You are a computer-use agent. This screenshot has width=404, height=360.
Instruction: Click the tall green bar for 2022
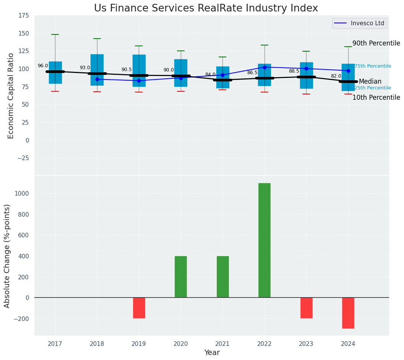pyautogui.click(x=264, y=240)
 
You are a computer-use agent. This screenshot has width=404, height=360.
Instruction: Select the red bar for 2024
pyautogui.click(x=348, y=313)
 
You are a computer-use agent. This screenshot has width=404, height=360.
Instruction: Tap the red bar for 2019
pyautogui.click(x=139, y=308)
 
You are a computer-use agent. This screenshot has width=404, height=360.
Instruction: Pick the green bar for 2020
pyautogui.click(x=181, y=277)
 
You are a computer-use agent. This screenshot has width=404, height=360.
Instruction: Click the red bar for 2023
pyautogui.click(x=306, y=308)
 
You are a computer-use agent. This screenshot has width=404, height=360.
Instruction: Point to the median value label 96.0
pyautogui.click(x=43, y=66)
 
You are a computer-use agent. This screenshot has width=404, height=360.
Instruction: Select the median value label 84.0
pyautogui.click(x=210, y=75)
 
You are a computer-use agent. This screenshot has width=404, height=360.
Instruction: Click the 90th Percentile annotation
pyautogui.click(x=376, y=43)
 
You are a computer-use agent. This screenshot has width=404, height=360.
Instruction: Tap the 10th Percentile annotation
pyautogui.click(x=376, y=97)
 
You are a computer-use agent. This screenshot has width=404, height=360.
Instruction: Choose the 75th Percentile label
pyautogui.click(x=372, y=66)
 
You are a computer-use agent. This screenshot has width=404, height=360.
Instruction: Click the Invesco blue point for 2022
pyautogui.click(x=264, y=67)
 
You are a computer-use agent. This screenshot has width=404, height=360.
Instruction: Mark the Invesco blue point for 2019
pyautogui.click(x=139, y=81)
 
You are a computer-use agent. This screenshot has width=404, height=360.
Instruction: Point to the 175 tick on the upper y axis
pyautogui.click(x=23, y=15)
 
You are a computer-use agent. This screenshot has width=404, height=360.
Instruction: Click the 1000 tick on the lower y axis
pyautogui.click(x=21, y=193)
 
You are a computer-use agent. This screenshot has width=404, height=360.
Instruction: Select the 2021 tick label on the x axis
pyautogui.click(x=222, y=344)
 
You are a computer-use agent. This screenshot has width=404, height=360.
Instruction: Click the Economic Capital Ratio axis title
pyautogui.click(x=11, y=96)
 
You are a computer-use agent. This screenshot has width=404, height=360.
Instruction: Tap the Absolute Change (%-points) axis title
pyautogui.click(x=7, y=256)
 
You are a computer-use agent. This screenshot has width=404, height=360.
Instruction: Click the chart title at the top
pyautogui.click(x=206, y=8)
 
